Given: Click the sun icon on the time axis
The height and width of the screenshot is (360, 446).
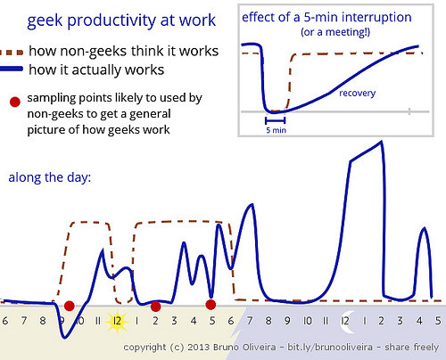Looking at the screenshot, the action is click(118, 322).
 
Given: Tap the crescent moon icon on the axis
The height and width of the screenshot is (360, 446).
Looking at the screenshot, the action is click(346, 322).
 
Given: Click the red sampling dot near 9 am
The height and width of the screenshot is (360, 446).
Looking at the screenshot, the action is click(70, 306).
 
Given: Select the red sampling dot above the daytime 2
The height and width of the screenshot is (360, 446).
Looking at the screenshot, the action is click(155, 307).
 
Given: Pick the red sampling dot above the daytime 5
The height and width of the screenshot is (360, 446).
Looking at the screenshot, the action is click(211, 305).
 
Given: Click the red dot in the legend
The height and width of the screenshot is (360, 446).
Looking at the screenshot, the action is click(15, 102).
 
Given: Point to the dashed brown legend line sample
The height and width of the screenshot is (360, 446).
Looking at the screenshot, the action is click(12, 53).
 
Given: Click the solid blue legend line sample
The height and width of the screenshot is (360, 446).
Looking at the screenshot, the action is click(12, 69).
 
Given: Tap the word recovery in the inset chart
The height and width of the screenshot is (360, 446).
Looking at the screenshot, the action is click(358, 94).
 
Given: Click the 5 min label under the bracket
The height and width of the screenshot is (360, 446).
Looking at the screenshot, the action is click(276, 130).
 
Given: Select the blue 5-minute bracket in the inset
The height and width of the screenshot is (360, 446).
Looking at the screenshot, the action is click(275, 120).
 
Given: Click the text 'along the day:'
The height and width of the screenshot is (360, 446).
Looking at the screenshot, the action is click(50, 177).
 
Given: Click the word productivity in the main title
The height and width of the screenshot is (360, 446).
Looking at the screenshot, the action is click(111, 21).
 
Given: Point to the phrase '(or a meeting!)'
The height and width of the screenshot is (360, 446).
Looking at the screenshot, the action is click(335, 32).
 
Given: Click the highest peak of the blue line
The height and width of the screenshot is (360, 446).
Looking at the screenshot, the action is click(381, 143).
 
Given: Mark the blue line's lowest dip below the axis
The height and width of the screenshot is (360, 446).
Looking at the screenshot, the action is click(65, 337).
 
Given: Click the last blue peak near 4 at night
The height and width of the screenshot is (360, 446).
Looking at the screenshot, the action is click(424, 229).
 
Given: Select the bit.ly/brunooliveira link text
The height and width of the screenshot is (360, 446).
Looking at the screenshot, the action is click(330, 347).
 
